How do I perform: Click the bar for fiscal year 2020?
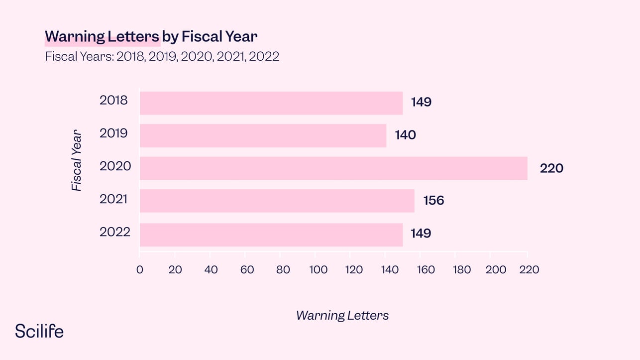coord(333,168)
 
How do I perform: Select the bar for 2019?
coord(263,135)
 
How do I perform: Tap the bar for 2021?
coord(277,201)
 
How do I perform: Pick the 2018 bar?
coord(271,103)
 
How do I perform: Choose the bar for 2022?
coord(271,235)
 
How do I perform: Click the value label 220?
coord(551,168)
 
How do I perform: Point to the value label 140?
coord(405,135)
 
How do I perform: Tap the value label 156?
coord(433,201)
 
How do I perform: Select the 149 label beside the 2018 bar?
coord(421,102)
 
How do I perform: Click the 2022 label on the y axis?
coord(115,232)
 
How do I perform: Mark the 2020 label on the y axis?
coord(115,166)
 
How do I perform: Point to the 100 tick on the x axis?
coord(318,270)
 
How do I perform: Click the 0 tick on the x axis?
coord(139,270)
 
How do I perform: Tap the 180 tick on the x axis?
coord(461,270)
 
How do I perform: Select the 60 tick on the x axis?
coord(247,270)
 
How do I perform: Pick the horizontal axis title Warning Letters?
coord(342,315)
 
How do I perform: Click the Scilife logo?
coord(39,331)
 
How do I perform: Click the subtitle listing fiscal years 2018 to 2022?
coord(162,56)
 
